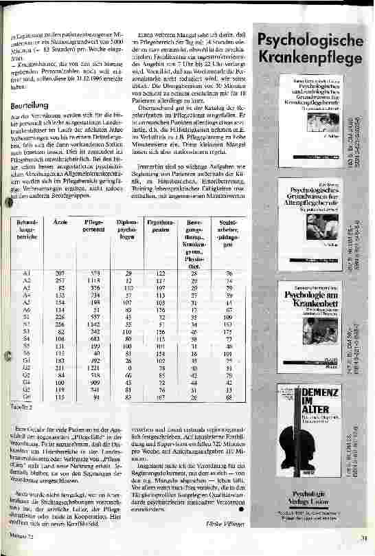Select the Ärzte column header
[x=59, y=224]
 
